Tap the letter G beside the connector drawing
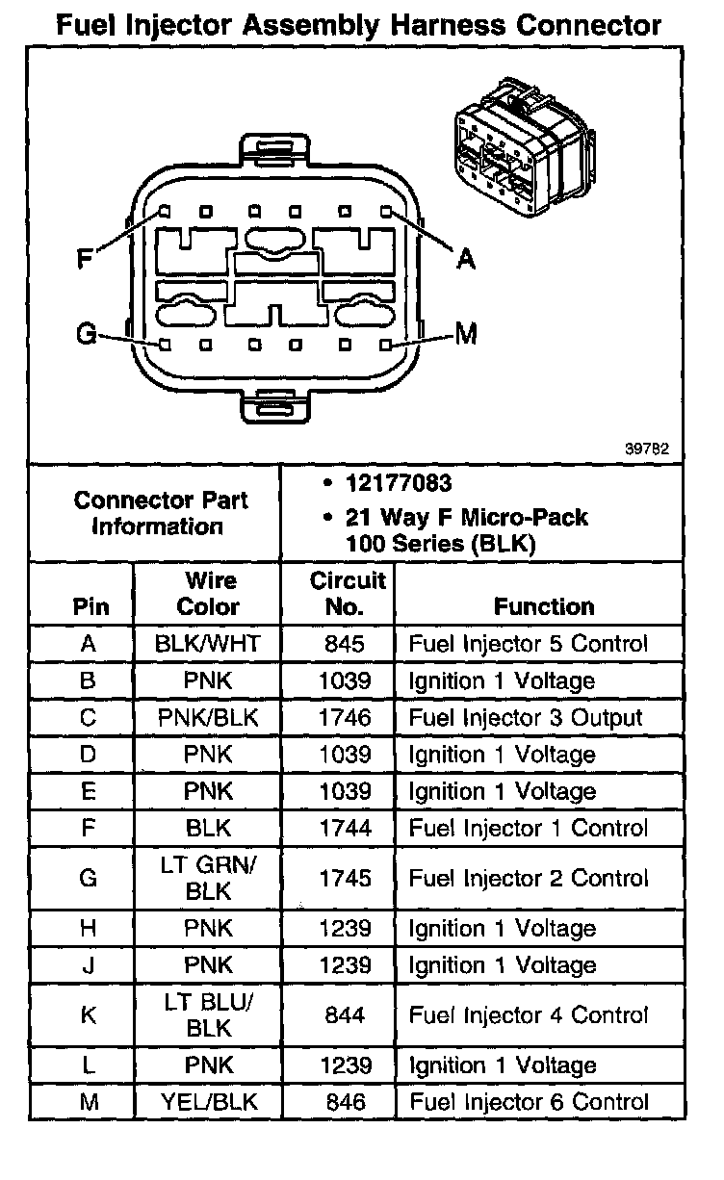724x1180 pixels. [86, 335]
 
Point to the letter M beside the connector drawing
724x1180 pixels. [467, 334]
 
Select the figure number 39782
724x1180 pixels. [648, 449]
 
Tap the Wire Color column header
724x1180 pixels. [208, 594]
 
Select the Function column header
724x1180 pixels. [543, 606]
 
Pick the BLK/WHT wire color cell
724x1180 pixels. [208, 644]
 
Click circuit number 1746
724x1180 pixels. [345, 717]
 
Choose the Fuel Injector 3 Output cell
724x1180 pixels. [526, 717]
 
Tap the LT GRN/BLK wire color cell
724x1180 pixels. [208, 878]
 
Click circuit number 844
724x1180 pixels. [345, 1015]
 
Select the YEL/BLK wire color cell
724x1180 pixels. [208, 1102]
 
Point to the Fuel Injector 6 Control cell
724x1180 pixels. [529, 1102]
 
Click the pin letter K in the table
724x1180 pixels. [89, 1015]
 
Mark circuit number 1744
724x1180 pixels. [345, 828]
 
